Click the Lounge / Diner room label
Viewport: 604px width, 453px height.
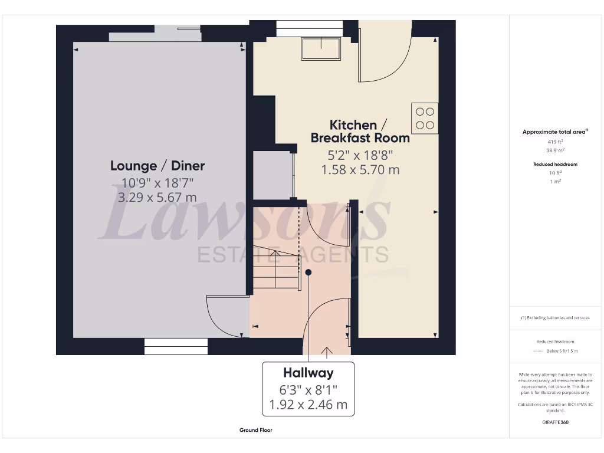[x=157, y=166]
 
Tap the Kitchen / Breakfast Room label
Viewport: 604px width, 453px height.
[x=360, y=132]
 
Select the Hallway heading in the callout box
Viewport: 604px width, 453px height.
[x=308, y=373]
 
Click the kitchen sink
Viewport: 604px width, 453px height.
[x=321, y=48]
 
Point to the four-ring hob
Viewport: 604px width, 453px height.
[x=425, y=117]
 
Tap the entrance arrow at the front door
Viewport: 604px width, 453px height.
[x=326, y=352]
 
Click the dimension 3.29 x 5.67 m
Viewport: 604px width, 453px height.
[x=157, y=198]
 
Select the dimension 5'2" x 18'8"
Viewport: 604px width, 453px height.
[x=360, y=155]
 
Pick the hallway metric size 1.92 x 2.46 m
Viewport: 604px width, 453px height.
[x=308, y=405]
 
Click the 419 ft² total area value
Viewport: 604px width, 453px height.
[x=554, y=142]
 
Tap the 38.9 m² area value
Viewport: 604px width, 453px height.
[x=554, y=150]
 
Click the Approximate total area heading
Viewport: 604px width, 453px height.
[x=554, y=132]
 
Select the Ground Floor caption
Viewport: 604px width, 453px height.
[x=255, y=430]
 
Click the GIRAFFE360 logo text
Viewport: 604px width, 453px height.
[x=554, y=422]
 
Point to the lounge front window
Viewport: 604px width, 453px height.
[x=176, y=346]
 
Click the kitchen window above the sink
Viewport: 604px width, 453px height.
[x=309, y=25]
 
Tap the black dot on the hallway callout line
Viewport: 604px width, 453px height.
[x=308, y=272]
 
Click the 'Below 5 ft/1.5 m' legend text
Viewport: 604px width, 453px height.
[x=562, y=351]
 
